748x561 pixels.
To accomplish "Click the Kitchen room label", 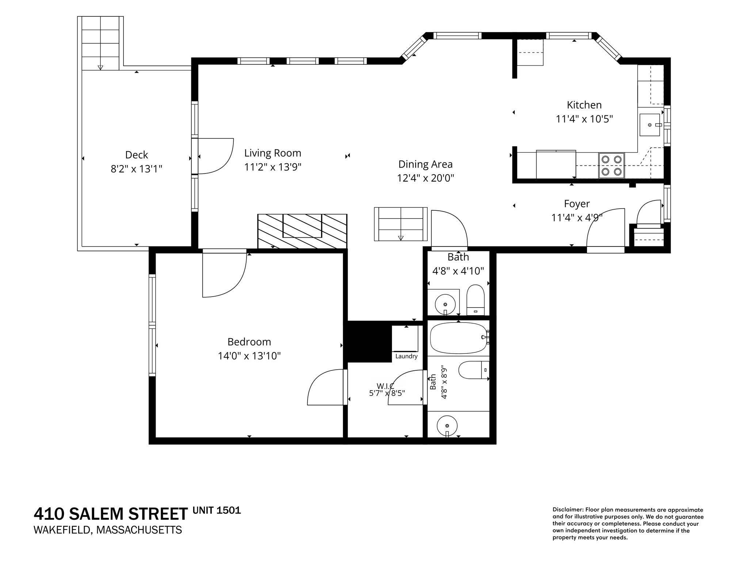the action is pos(584,105).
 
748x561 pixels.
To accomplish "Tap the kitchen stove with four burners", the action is pos(611,165).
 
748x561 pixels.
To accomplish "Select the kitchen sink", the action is pos(650,125).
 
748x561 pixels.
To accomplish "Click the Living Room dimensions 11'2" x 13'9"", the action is pos(273,167).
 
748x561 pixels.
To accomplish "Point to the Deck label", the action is pos(137,155).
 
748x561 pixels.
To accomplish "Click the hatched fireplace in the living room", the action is pos(302,231).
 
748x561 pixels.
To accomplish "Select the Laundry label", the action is pos(406,356).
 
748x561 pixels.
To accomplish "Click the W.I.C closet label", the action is pos(386,386).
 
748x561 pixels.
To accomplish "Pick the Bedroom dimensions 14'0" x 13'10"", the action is pos(249,356).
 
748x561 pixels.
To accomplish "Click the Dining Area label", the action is pos(425,164).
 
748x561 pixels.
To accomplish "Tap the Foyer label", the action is pos(577,204).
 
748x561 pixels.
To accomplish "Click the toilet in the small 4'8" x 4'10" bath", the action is pos(476,300).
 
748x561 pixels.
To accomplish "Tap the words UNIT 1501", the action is pos(217,510).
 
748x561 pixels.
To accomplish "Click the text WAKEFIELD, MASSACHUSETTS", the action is pos(108,530).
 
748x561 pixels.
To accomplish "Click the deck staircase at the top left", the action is pos(100,43).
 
